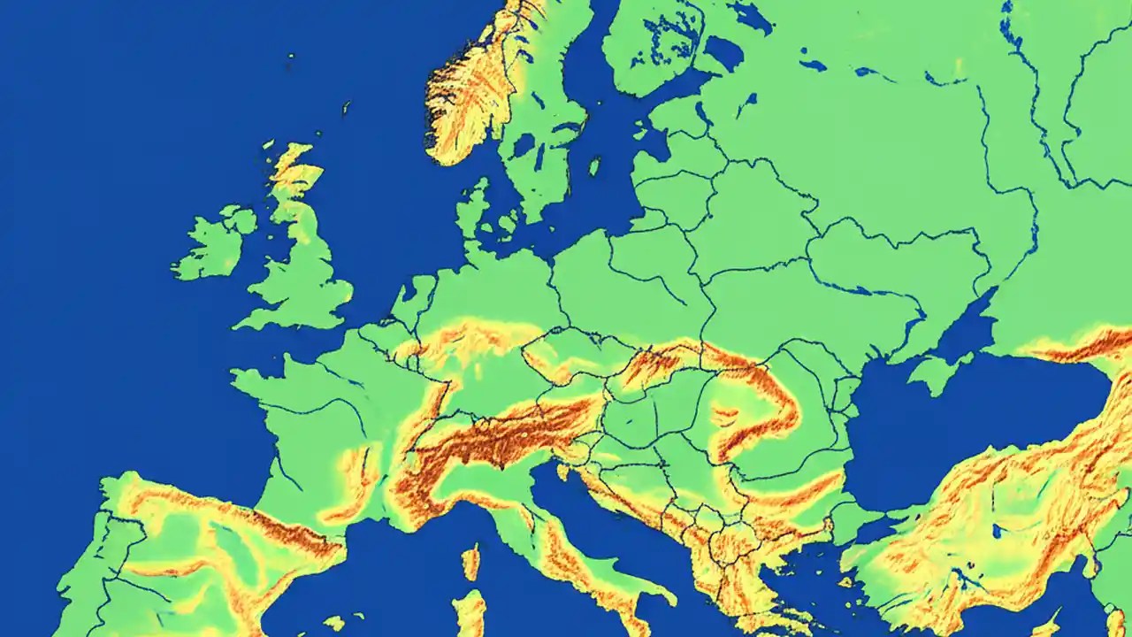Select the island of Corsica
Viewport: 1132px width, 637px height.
pos(470,563)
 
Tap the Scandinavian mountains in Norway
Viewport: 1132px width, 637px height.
pos(469,97)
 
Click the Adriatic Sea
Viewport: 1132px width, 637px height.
pos(575,504)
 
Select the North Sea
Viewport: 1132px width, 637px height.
pos(389,203)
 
